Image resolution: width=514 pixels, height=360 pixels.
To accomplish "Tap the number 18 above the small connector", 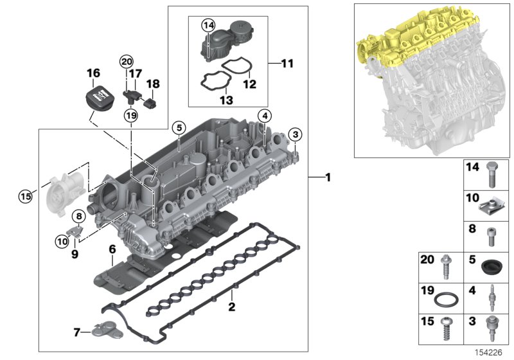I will [153, 84].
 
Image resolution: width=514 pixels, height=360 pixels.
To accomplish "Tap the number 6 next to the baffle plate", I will [112, 248].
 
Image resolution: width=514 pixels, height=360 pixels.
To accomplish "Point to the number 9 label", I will [75, 254].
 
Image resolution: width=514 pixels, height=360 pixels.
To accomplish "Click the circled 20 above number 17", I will [126, 61].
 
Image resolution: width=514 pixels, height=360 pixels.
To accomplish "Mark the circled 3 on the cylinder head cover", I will [295, 134].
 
